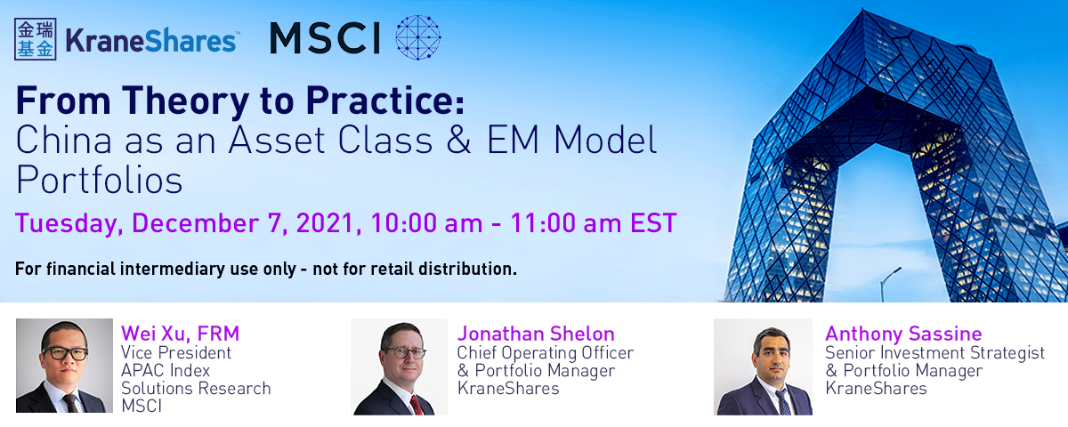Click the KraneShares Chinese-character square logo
(x=36, y=39)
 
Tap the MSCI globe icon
(x=418, y=37)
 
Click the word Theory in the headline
(x=185, y=101)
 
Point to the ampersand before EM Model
(x=458, y=141)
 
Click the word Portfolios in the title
(x=100, y=180)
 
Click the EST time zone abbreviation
(x=653, y=223)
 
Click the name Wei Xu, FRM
(x=180, y=334)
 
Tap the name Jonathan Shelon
(x=536, y=334)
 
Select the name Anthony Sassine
(x=903, y=334)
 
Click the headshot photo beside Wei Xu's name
(x=64, y=366)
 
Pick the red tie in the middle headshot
(x=417, y=405)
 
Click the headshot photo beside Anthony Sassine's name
(x=763, y=367)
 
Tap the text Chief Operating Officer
(x=546, y=353)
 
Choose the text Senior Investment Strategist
(x=935, y=353)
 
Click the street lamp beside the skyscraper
(x=889, y=284)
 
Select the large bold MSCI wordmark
(x=325, y=38)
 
